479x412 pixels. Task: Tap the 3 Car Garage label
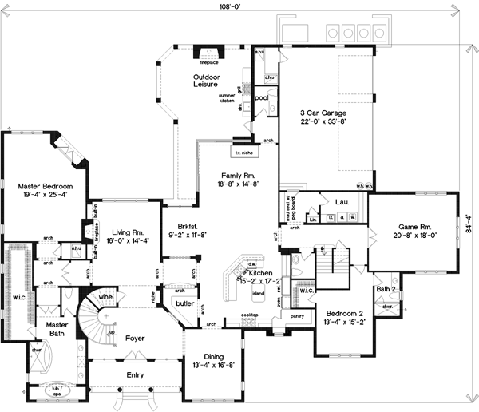[323, 113]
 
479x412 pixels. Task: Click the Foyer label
[135, 339]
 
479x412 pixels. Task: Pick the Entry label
[136, 374]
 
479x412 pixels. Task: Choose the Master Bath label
[57, 330]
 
